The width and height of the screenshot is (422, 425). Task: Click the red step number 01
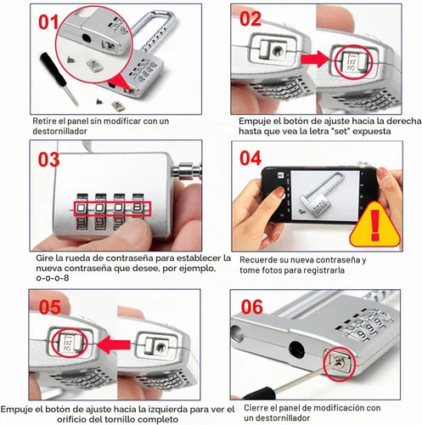48,22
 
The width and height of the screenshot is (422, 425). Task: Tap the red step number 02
250,20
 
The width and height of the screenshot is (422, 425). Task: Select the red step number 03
48,160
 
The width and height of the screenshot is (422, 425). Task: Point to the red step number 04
250,158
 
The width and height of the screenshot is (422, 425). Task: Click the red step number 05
50,307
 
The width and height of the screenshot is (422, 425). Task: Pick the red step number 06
252,307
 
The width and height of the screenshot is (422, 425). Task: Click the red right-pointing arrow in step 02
315,59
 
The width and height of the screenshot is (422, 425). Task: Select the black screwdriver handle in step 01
53,69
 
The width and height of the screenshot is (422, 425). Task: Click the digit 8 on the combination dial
138,208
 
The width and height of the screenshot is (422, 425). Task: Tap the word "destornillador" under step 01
59,131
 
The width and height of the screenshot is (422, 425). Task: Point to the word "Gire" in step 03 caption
44,258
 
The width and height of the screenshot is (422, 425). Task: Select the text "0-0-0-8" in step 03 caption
53,278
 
